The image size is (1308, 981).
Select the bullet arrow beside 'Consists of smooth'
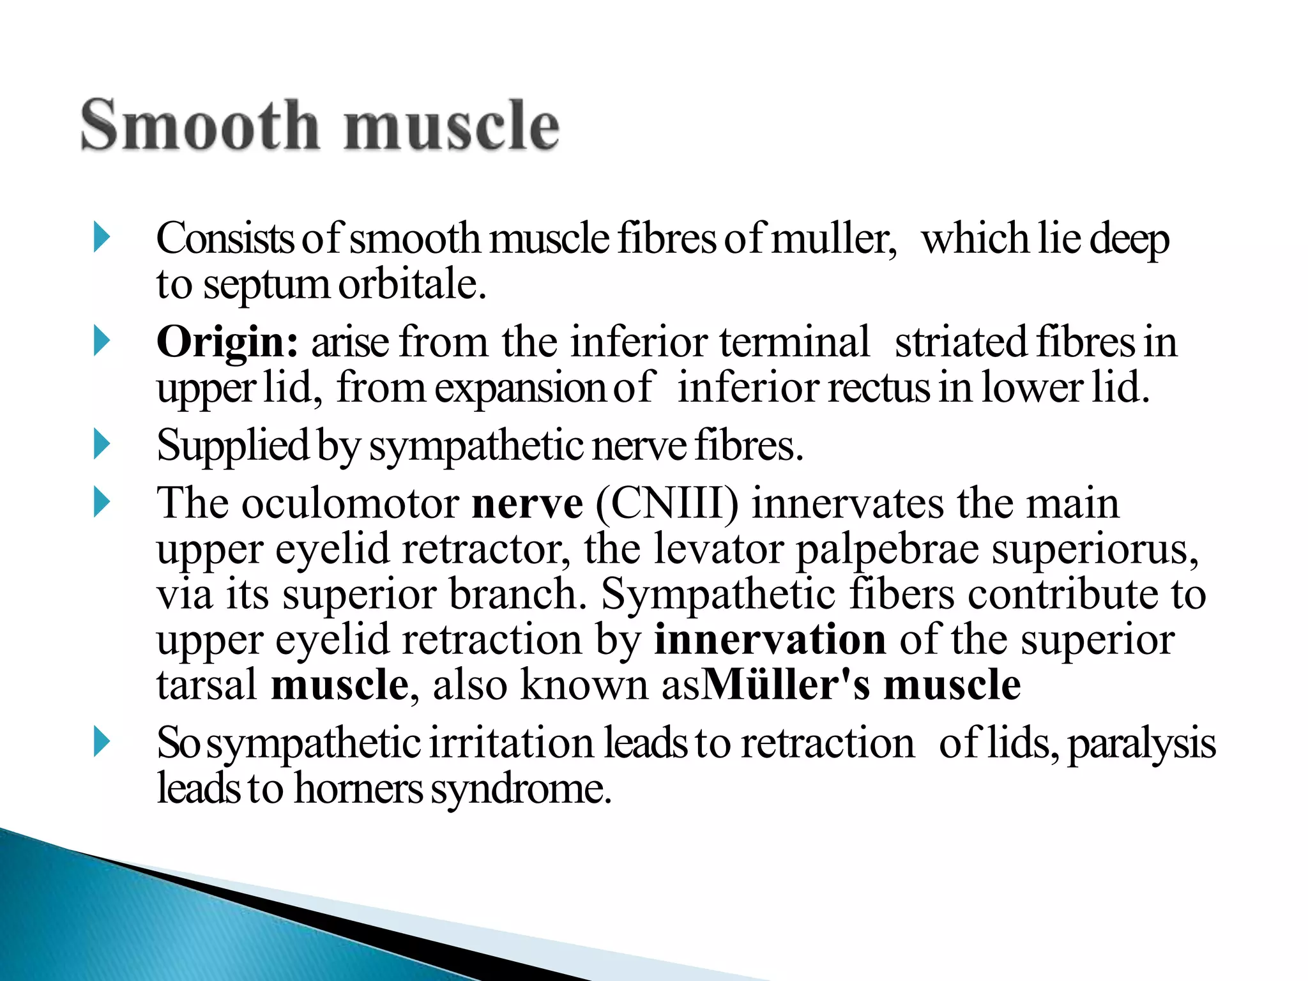(x=102, y=237)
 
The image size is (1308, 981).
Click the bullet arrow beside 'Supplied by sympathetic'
(x=102, y=444)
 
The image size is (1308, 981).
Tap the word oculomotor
(x=350, y=503)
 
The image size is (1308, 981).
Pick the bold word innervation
(x=770, y=639)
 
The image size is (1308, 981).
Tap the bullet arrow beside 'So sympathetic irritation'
(x=102, y=742)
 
